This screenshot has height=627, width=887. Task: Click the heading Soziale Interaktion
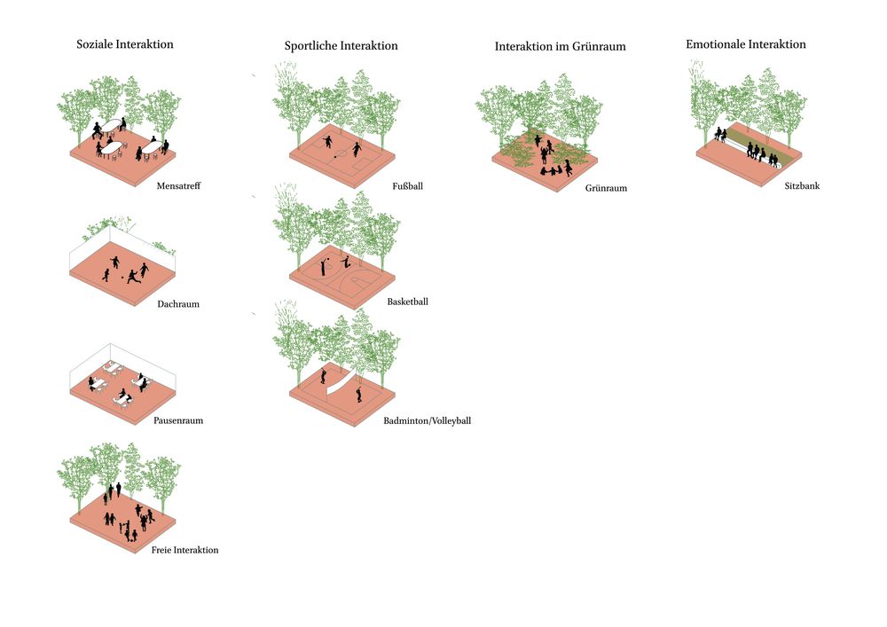(125, 44)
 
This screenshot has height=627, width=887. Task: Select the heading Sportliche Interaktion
(341, 46)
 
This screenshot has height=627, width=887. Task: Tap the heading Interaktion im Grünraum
(560, 47)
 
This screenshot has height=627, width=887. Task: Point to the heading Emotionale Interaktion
(745, 44)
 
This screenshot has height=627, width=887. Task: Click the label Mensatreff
(178, 186)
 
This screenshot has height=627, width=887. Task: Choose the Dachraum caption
(178, 304)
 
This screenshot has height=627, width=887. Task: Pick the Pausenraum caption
(178, 420)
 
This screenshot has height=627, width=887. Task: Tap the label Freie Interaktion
(184, 551)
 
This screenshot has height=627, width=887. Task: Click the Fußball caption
(408, 186)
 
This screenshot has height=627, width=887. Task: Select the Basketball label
(407, 302)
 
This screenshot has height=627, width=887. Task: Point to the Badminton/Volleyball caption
(427, 420)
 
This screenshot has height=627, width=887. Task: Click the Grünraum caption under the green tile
(606, 188)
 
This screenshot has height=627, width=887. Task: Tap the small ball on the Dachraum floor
(122, 276)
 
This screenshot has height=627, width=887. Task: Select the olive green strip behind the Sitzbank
(763, 142)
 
